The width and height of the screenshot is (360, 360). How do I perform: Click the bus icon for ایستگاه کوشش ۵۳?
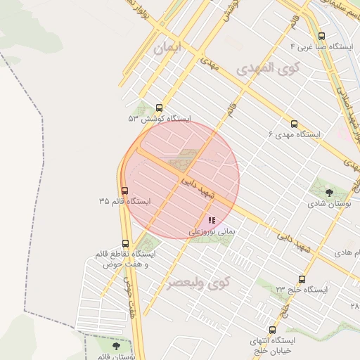click(x=160, y=108)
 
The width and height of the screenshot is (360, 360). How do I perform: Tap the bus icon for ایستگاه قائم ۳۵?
click(x=125, y=191)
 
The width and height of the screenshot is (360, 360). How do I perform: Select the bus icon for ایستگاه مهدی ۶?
click(x=294, y=122)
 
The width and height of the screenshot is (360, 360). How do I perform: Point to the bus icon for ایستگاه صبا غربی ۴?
click(x=321, y=36)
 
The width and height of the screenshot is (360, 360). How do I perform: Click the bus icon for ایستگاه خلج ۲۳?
click(x=302, y=279)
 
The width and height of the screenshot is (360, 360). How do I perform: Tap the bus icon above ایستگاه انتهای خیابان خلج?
click(x=272, y=329)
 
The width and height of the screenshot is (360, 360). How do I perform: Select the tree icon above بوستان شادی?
click(x=330, y=190)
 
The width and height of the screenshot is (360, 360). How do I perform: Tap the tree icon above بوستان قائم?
click(x=115, y=345)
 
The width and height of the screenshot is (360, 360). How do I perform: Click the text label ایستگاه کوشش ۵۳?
click(x=160, y=120)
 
